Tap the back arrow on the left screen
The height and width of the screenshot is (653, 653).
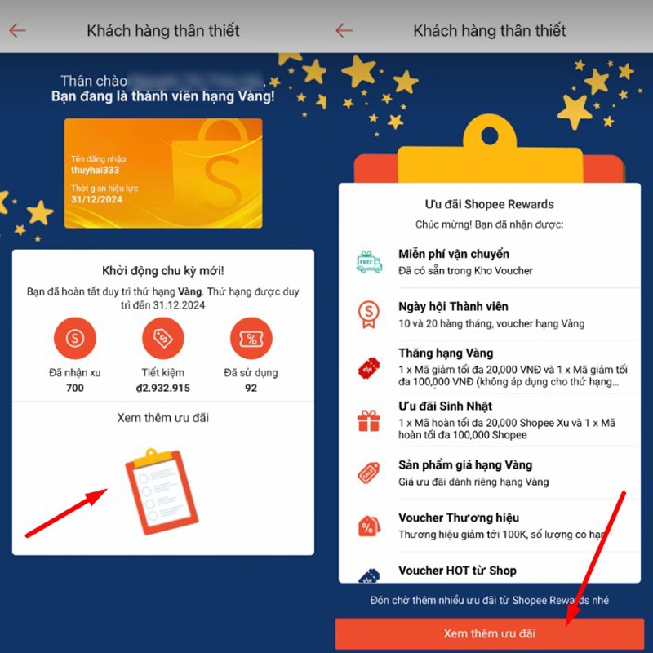tap(18, 31)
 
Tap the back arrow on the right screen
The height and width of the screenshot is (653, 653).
tap(344, 31)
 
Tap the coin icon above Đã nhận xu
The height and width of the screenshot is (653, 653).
tap(75, 337)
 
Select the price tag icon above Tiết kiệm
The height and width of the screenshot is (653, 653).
tap(163, 337)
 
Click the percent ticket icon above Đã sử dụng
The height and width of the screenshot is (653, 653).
tap(251, 337)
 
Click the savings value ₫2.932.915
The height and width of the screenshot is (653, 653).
tap(163, 388)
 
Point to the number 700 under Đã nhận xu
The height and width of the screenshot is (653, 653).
tap(75, 388)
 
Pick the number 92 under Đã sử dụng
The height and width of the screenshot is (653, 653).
tap(251, 388)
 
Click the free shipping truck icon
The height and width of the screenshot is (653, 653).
tap(369, 262)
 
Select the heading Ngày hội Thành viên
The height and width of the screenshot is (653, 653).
tap(453, 306)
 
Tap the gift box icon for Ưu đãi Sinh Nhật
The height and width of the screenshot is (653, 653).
tap(369, 420)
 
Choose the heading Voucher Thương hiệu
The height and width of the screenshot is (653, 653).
tap(458, 518)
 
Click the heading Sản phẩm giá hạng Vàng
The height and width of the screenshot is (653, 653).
tap(465, 464)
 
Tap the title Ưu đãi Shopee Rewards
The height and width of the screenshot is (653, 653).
tap(489, 204)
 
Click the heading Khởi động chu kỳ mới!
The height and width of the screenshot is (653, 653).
tap(162, 271)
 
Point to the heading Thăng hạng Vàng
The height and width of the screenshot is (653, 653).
tap(446, 353)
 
